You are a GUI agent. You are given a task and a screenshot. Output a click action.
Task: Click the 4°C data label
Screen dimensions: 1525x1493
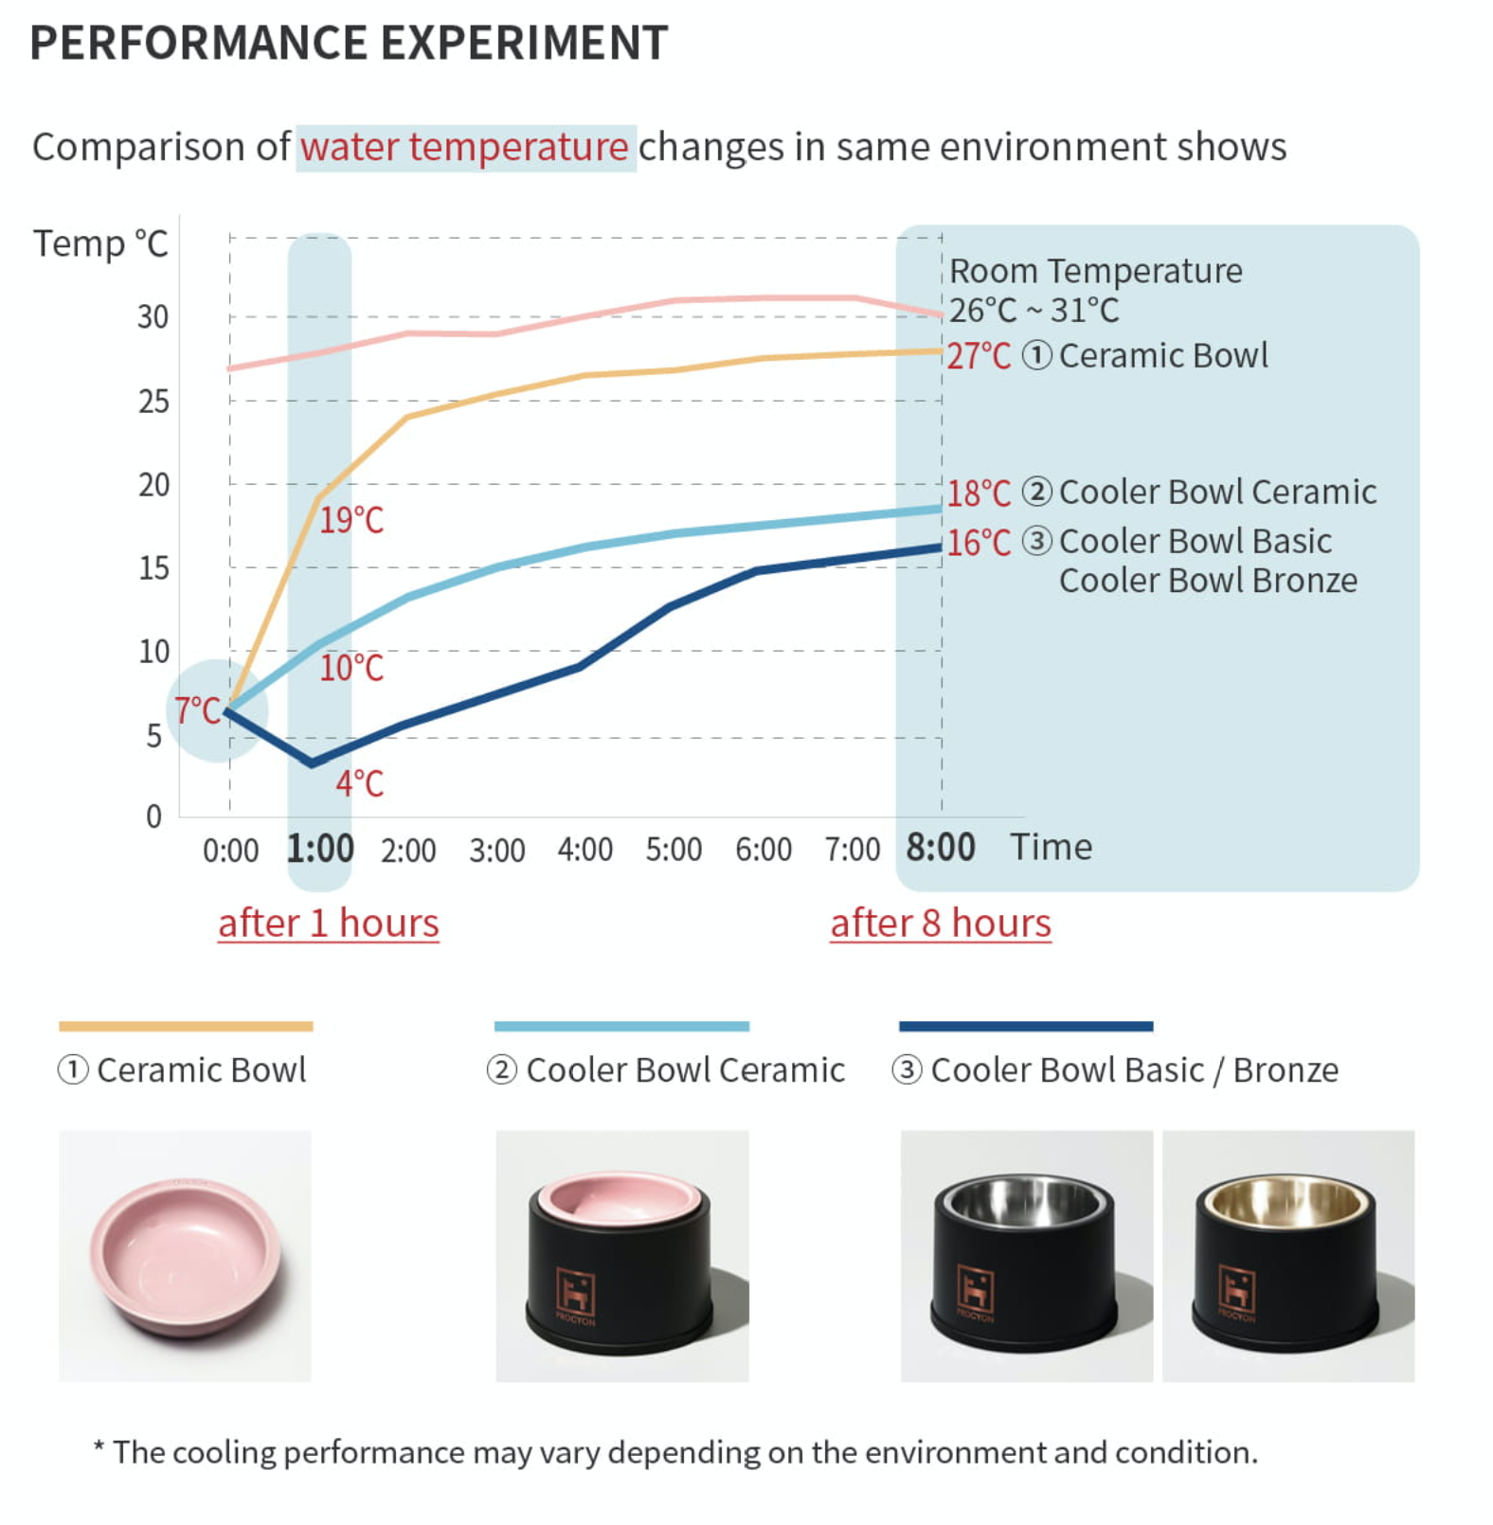pyautogui.click(x=359, y=783)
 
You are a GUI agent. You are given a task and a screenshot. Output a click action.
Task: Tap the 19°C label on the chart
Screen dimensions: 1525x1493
pyautogui.click(x=351, y=520)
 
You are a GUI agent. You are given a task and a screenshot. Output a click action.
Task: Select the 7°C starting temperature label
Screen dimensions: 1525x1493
pyautogui.click(x=197, y=710)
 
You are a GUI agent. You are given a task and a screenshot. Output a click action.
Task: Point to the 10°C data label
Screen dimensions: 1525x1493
pyautogui.click(x=351, y=669)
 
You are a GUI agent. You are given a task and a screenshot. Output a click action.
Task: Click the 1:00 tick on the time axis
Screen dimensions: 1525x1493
pyautogui.click(x=320, y=848)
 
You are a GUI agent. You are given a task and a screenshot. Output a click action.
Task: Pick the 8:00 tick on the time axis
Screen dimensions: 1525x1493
pyautogui.click(x=940, y=847)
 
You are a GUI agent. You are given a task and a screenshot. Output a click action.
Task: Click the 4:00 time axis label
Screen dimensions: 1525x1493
pyautogui.click(x=585, y=850)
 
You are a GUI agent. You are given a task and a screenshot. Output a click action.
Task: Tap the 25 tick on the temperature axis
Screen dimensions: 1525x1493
pyautogui.click(x=153, y=402)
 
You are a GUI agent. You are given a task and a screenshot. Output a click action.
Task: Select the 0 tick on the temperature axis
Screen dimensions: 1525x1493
pyautogui.click(x=153, y=816)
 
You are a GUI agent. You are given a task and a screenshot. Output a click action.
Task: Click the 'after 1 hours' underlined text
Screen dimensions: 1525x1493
pyautogui.click(x=328, y=924)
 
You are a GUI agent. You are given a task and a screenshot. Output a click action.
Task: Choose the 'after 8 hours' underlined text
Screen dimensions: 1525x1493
pyautogui.click(x=940, y=924)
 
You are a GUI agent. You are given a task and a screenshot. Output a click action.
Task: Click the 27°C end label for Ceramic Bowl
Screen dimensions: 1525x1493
pyautogui.click(x=979, y=356)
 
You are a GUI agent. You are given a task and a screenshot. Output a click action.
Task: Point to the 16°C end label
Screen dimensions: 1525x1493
pyautogui.click(x=979, y=543)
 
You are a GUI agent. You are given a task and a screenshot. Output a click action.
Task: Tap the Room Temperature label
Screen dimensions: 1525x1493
pyautogui.click(x=1095, y=272)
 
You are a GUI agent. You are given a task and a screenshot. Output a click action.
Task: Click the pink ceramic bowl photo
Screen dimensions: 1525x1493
pyautogui.click(x=185, y=1255)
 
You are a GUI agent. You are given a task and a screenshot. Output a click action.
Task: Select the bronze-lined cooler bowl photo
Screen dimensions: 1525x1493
pyautogui.click(x=1287, y=1255)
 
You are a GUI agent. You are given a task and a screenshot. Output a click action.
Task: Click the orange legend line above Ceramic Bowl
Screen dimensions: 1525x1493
pyautogui.click(x=186, y=1026)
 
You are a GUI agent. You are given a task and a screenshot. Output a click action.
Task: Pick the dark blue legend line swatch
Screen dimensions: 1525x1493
pyautogui.click(x=1025, y=1026)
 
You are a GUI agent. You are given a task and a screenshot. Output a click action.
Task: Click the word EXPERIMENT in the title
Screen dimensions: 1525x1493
pyautogui.click(x=524, y=43)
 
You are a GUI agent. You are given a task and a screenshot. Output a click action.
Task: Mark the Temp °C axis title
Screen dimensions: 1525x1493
pyautogui.click(x=100, y=243)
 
